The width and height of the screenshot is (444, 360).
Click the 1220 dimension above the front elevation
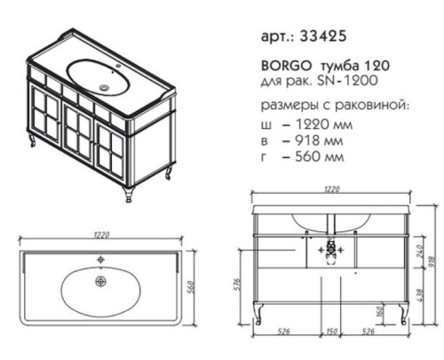[333, 188]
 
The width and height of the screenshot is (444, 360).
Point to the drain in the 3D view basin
[108, 87]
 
